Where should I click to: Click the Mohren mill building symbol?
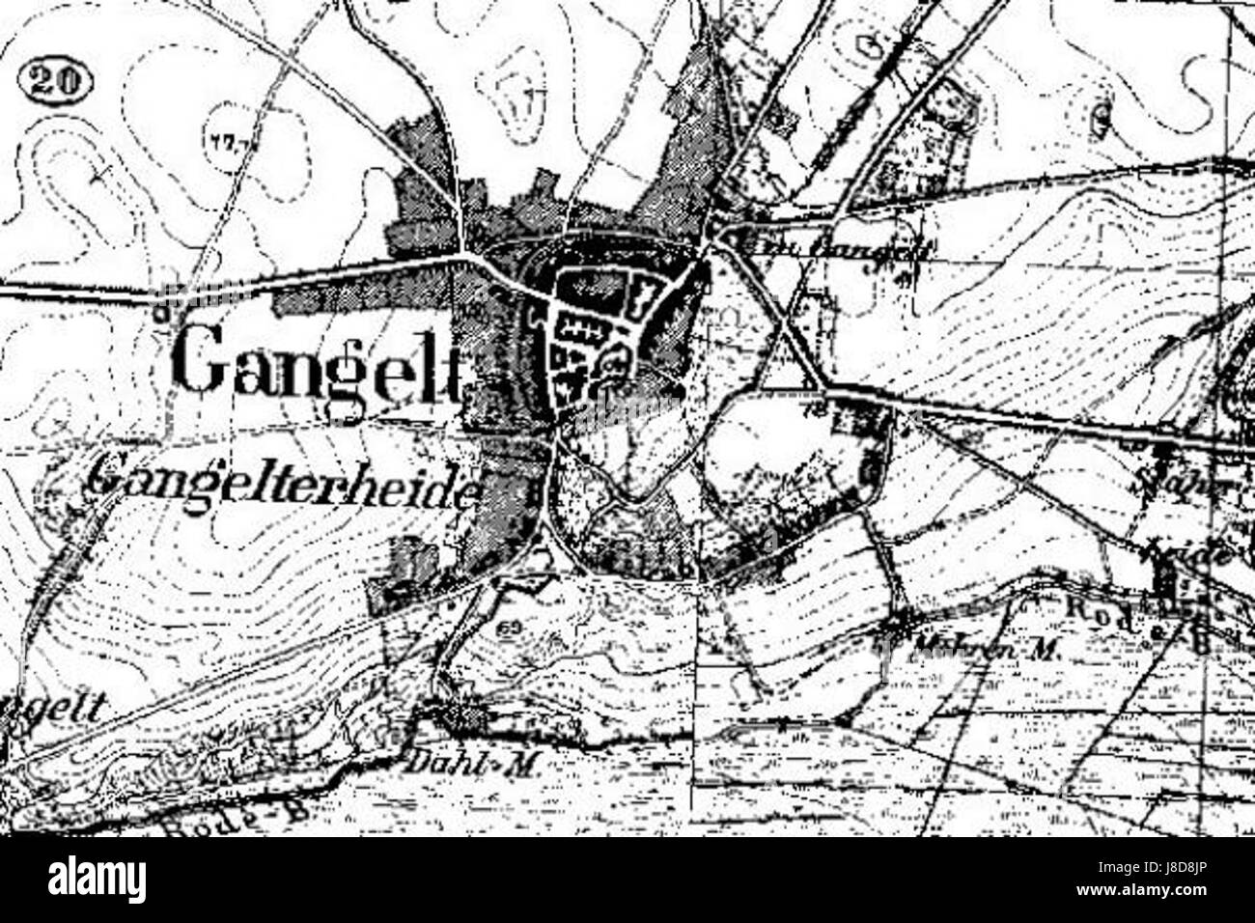click(903, 627)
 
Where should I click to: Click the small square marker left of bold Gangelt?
click(162, 311)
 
